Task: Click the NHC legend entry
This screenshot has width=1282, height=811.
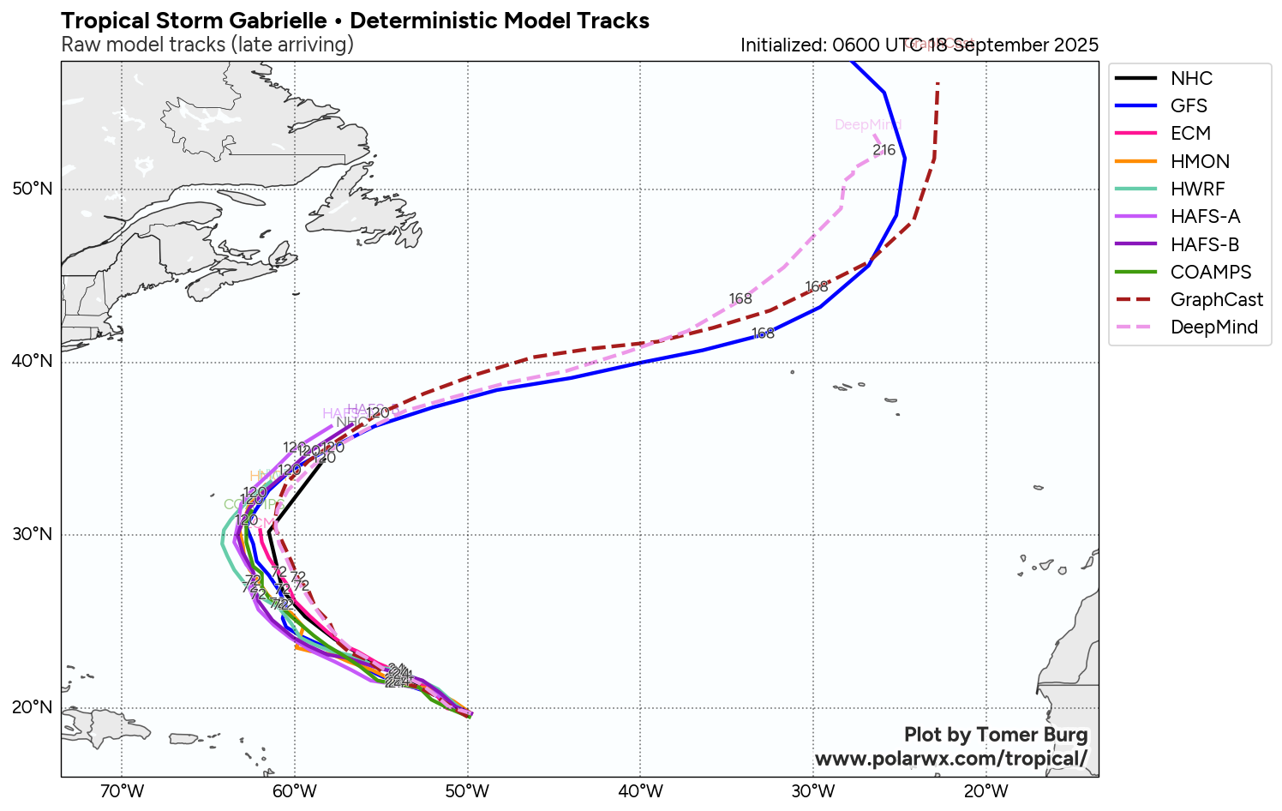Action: point(1190,79)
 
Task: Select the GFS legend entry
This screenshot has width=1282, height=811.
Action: point(1188,106)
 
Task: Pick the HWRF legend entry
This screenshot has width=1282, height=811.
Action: point(1196,189)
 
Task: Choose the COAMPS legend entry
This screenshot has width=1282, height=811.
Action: point(1210,273)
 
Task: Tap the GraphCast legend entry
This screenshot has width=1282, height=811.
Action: point(1216,300)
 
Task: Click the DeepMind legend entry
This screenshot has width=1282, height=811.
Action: point(1213,327)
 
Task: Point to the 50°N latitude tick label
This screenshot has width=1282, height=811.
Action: point(33,189)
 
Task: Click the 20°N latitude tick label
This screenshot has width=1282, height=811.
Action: point(33,707)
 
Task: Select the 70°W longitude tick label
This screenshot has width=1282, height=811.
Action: point(122,790)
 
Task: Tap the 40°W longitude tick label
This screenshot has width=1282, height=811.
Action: point(640,790)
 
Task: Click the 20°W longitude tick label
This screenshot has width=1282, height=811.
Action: point(985,790)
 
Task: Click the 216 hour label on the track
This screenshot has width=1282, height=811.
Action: point(884,150)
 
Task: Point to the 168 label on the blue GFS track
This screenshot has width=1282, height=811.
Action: point(763,333)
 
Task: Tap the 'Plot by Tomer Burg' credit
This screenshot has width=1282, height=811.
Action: point(995,735)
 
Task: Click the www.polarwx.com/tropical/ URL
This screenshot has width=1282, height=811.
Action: point(950,759)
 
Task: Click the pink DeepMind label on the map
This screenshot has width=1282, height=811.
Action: point(866,125)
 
